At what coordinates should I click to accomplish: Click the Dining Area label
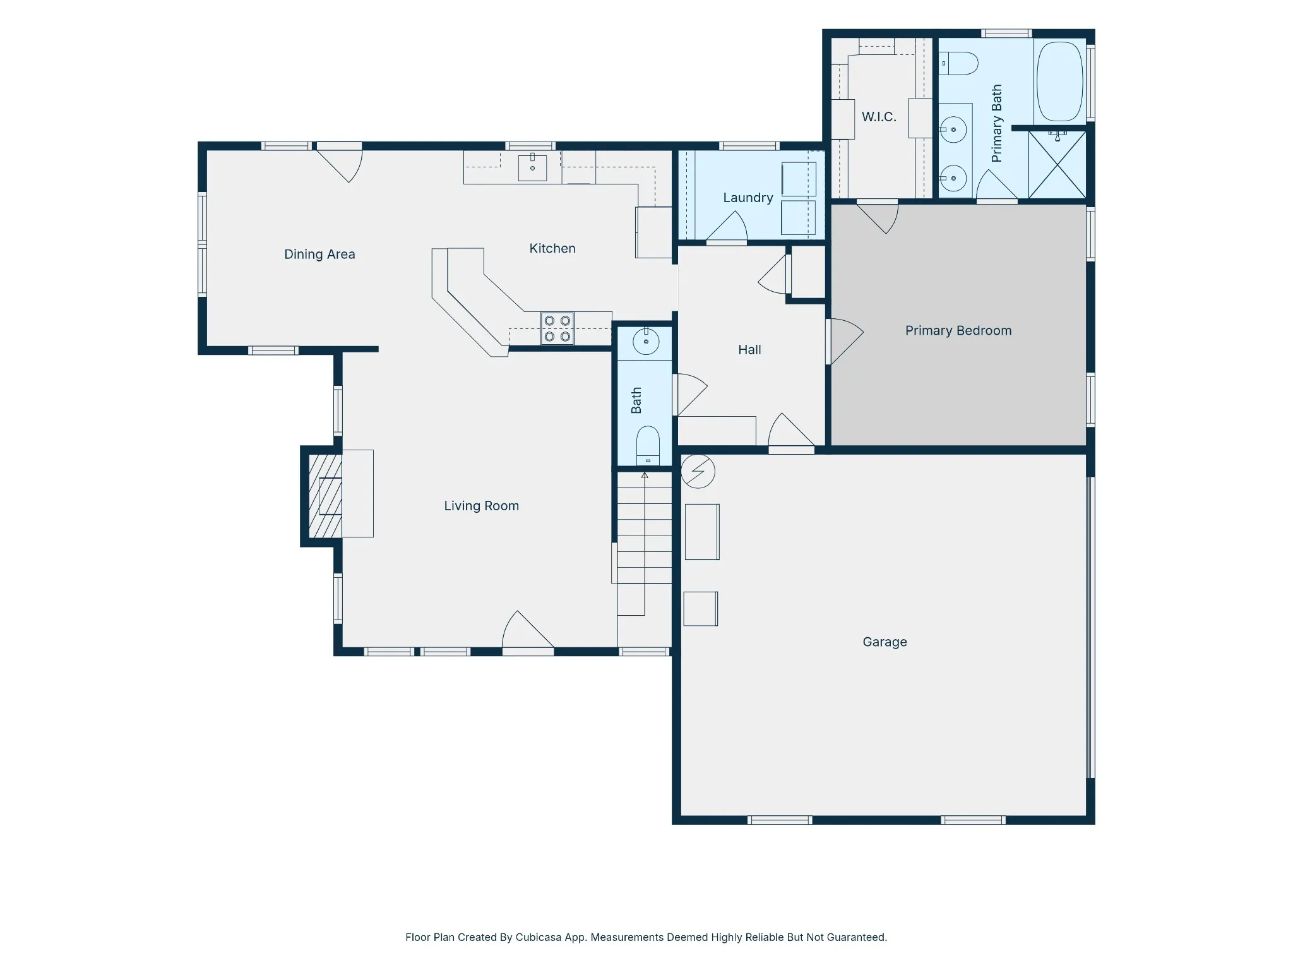[x=319, y=254]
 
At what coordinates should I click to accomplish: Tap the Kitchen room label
[x=552, y=249]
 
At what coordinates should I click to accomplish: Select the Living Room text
[x=482, y=506]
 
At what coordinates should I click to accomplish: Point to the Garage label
[x=885, y=642]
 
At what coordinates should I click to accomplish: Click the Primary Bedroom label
[x=958, y=331]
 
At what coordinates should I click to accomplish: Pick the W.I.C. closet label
[x=879, y=117]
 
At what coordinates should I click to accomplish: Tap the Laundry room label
[x=748, y=198]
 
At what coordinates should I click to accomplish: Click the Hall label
[x=750, y=350]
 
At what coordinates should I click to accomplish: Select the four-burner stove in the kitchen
[x=557, y=328]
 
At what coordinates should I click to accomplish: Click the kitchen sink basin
[x=532, y=168]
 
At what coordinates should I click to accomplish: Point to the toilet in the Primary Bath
[x=958, y=64]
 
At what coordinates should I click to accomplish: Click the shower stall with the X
[x=1058, y=165]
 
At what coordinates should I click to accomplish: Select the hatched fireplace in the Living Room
[x=325, y=496]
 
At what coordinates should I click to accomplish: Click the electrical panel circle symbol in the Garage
[x=698, y=471]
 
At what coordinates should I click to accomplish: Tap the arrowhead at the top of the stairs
[x=645, y=475]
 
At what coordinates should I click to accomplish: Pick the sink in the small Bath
[x=646, y=342]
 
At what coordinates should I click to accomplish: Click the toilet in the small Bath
[x=648, y=445]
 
